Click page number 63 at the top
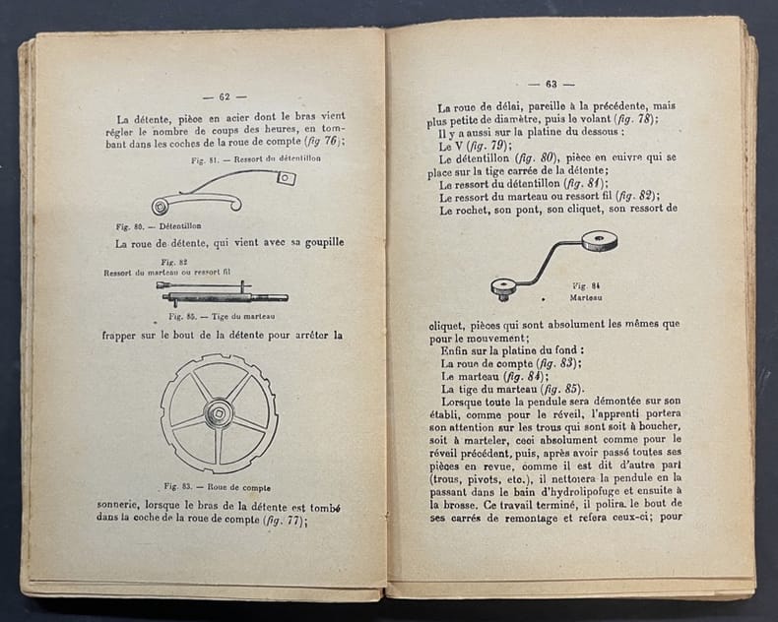551,84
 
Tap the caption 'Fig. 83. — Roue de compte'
218,486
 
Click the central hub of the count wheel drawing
218,412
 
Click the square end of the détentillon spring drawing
286,178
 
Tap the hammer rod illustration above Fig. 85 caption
223,294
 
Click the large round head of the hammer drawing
599,241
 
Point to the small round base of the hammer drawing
504,286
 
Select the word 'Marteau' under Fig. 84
586,296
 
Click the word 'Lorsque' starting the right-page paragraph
463,404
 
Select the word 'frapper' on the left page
124,335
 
